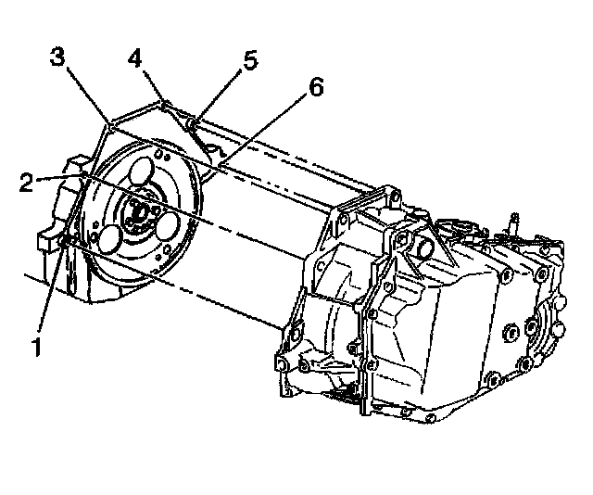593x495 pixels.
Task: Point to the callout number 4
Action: (x=135, y=58)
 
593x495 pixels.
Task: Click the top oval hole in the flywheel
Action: (x=141, y=173)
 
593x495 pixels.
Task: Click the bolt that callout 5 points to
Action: (x=191, y=121)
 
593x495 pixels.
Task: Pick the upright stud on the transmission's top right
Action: (x=512, y=223)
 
